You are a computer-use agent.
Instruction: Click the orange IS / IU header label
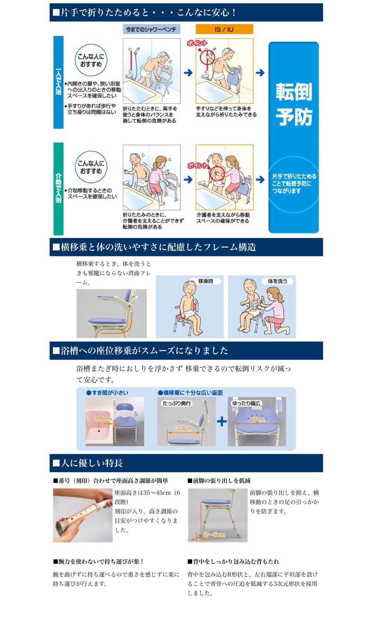(224, 29)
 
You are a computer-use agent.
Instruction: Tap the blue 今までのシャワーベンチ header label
(151, 29)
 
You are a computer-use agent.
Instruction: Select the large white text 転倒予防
(294, 104)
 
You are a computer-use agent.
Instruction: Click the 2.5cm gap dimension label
(103, 419)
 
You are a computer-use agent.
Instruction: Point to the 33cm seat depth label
(184, 428)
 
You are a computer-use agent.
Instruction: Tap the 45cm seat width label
(257, 419)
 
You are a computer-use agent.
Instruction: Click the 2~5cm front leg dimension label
(214, 534)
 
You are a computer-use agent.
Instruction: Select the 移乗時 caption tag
(206, 281)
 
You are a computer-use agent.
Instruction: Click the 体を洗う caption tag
(277, 281)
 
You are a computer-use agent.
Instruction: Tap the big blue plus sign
(222, 421)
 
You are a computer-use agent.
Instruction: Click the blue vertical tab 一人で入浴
(58, 82)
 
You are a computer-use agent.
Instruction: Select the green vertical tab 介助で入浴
(58, 189)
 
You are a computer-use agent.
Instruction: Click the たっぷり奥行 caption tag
(177, 403)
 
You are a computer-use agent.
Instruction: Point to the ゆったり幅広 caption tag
(246, 403)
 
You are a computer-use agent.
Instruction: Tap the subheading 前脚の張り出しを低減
(219, 480)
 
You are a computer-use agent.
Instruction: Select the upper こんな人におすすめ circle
(91, 60)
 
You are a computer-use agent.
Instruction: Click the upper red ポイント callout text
(197, 43)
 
